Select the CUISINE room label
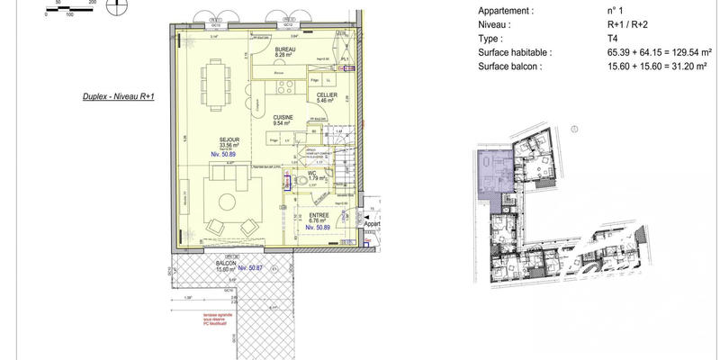[x=286, y=119]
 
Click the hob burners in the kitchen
[x=285, y=87]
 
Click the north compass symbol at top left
[x=115, y=7]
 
